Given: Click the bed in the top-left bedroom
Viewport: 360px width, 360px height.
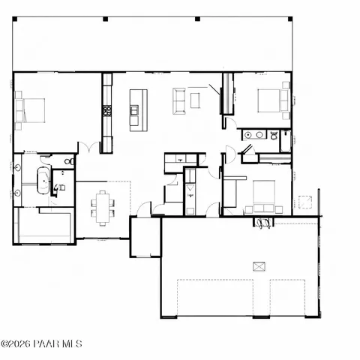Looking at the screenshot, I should coord(31,109).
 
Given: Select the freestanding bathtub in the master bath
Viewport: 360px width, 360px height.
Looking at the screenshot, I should coord(44,181).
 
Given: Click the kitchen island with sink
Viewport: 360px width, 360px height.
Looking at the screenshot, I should coord(135,110).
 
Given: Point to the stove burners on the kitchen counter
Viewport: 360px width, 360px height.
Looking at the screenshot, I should coord(107,110).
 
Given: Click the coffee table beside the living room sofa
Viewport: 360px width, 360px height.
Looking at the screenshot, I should coord(196,100).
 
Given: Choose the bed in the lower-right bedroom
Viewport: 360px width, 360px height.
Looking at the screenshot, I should coord(263,197).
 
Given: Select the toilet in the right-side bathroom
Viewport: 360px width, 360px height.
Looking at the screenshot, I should coord(274,135).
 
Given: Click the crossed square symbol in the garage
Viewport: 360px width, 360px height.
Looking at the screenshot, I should coord(260,265).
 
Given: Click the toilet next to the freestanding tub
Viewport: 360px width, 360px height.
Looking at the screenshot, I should coord(68,161).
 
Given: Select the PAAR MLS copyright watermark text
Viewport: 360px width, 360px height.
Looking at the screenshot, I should coord(41,344).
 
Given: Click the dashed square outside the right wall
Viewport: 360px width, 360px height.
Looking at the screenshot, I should coord(305,201).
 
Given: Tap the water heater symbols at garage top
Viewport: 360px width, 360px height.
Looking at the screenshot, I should coord(263,223).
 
